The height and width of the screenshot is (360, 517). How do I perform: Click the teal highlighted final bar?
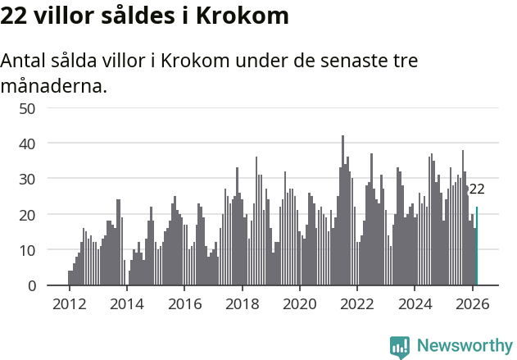pyautogui.click(x=477, y=246)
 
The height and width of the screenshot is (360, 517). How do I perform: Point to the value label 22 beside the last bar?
pyautogui.click(x=477, y=189)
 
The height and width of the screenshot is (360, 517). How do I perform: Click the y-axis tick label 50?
pyautogui.click(x=49, y=108)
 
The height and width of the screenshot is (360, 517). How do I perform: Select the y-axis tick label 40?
pyautogui.click(x=49, y=144)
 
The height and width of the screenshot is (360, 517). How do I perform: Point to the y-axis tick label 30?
pyautogui.click(x=49, y=179)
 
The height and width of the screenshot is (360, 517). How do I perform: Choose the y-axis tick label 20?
pyautogui.click(x=49, y=215)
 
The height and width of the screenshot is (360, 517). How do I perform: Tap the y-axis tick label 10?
pyautogui.click(x=49, y=250)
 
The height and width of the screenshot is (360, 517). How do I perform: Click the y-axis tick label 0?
pyautogui.click(x=53, y=285)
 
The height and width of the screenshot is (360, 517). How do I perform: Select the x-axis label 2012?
pyautogui.click(x=69, y=303)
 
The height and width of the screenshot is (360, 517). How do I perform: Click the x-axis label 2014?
pyautogui.click(x=126, y=303)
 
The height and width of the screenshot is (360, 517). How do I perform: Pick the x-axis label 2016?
pyautogui.click(x=184, y=303)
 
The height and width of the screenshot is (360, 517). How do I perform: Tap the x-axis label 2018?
pyautogui.click(x=242, y=303)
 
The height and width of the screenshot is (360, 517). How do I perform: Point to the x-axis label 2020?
pyautogui.click(x=299, y=303)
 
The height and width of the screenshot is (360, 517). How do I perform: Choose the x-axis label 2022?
pyautogui.click(x=357, y=303)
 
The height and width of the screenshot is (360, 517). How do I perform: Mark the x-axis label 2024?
pyautogui.click(x=415, y=303)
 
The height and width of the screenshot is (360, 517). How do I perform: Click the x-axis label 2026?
pyautogui.click(x=472, y=303)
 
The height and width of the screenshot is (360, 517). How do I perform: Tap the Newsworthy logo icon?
pyautogui.click(x=400, y=347)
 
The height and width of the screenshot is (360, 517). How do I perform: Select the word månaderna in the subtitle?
pyautogui.click(x=54, y=85)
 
